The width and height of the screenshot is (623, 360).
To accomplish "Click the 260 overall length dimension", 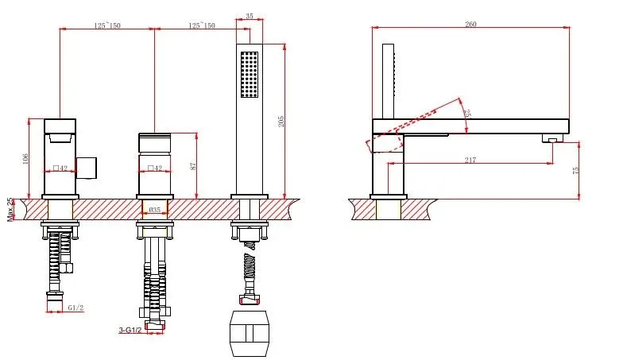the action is click(x=470, y=24).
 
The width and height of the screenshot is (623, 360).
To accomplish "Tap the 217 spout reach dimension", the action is click(x=470, y=161).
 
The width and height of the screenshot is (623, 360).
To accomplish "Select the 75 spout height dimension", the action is click(x=575, y=170).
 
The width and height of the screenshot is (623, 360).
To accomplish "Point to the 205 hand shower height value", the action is click(x=281, y=121).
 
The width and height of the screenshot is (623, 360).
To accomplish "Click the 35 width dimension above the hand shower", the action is click(x=250, y=16).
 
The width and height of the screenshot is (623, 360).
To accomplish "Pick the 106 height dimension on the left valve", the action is click(x=25, y=159).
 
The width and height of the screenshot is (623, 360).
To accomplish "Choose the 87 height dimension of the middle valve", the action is click(x=194, y=166).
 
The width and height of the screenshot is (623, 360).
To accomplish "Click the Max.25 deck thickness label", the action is click(x=10, y=210).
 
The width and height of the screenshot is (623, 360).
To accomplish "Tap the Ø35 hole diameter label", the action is click(x=154, y=210).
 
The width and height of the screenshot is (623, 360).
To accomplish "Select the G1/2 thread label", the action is click(x=75, y=308).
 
